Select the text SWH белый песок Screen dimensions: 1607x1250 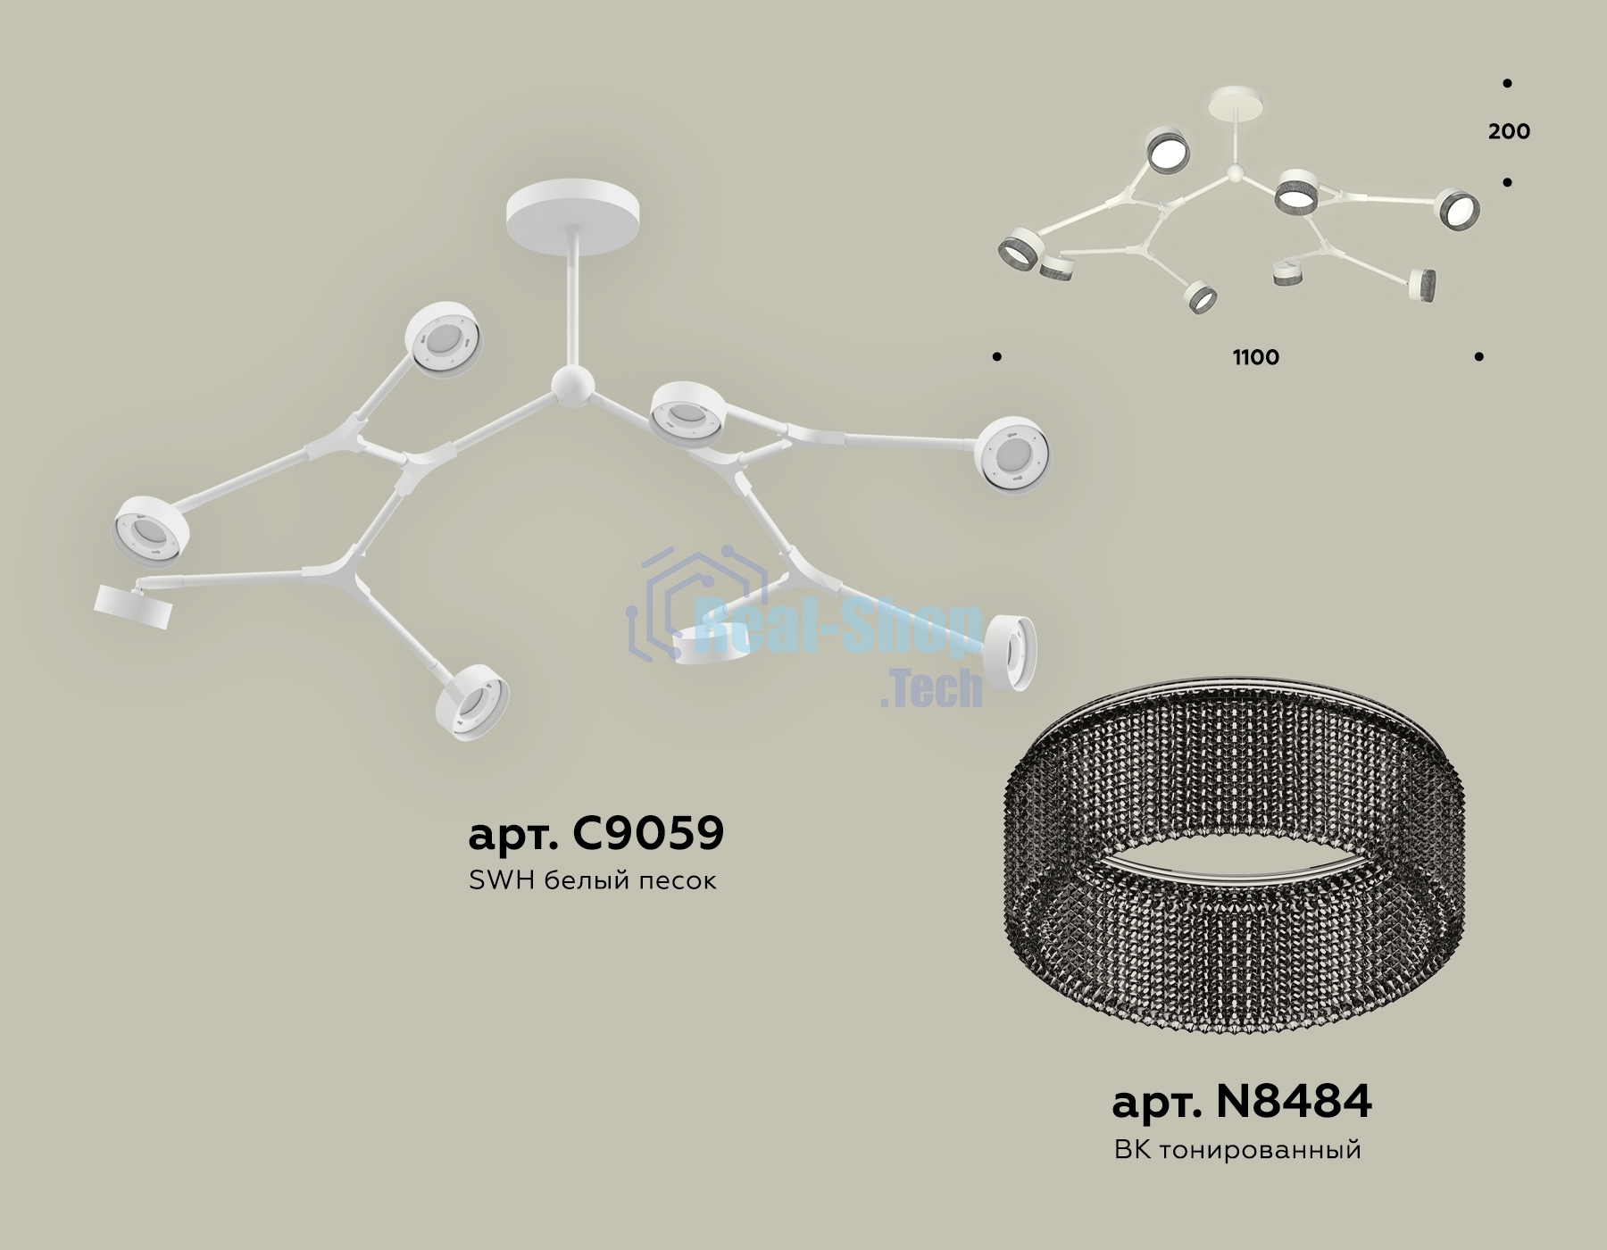593,881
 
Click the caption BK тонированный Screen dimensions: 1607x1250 1237,1149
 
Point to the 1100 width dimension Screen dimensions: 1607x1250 1256,357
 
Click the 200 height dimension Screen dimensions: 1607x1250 1509,131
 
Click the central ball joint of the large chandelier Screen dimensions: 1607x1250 570,387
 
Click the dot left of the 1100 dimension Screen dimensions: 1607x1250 996,357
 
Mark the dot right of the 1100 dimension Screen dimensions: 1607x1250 1479,357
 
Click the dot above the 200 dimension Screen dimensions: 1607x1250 1507,83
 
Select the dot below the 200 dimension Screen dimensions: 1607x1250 1507,183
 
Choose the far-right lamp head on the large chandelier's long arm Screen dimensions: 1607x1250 1012,454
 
